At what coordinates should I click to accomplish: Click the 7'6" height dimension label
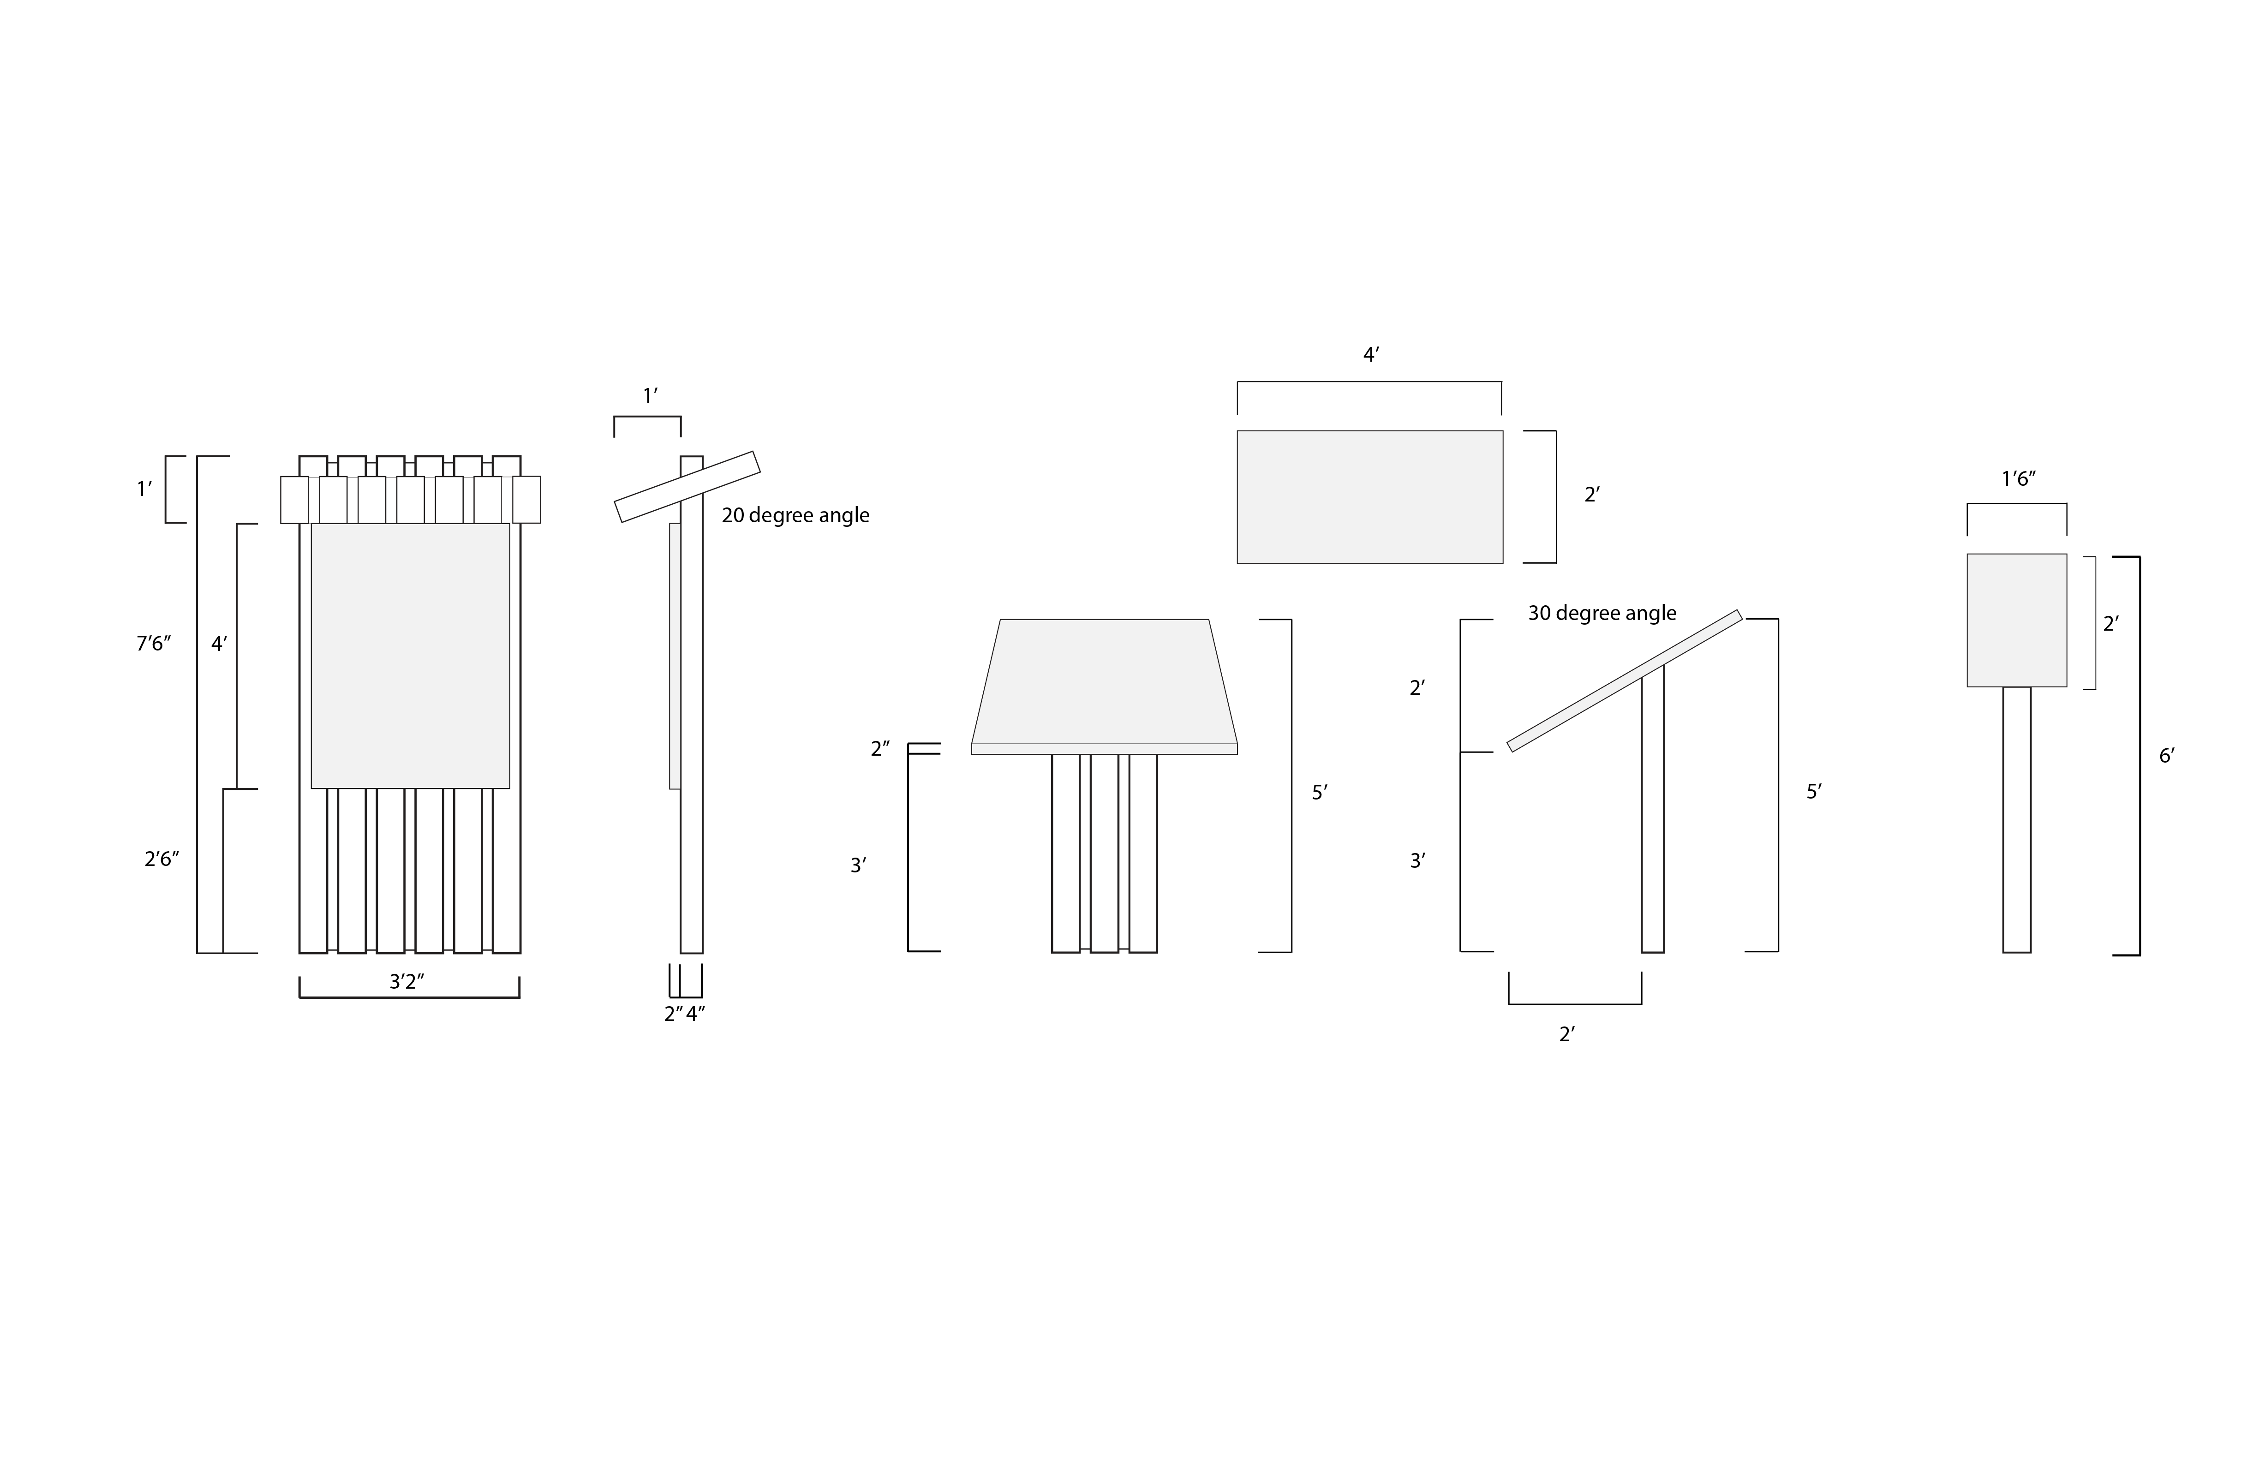click(x=153, y=644)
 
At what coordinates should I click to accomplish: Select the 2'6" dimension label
click(x=161, y=859)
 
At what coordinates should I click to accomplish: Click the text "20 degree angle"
click(x=795, y=515)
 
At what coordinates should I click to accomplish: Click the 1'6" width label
click(x=2019, y=479)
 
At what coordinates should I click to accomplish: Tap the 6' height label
click(x=2167, y=756)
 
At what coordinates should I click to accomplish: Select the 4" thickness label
click(x=696, y=1014)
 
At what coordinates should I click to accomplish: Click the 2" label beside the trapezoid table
click(x=880, y=749)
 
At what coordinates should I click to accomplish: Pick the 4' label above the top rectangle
click(x=1371, y=355)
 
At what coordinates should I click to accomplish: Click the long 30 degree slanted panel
click(x=1624, y=680)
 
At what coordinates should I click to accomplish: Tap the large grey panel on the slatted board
click(x=410, y=655)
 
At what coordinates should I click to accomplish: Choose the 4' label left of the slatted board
click(x=219, y=644)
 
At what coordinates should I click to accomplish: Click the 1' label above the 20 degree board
click(x=650, y=396)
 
